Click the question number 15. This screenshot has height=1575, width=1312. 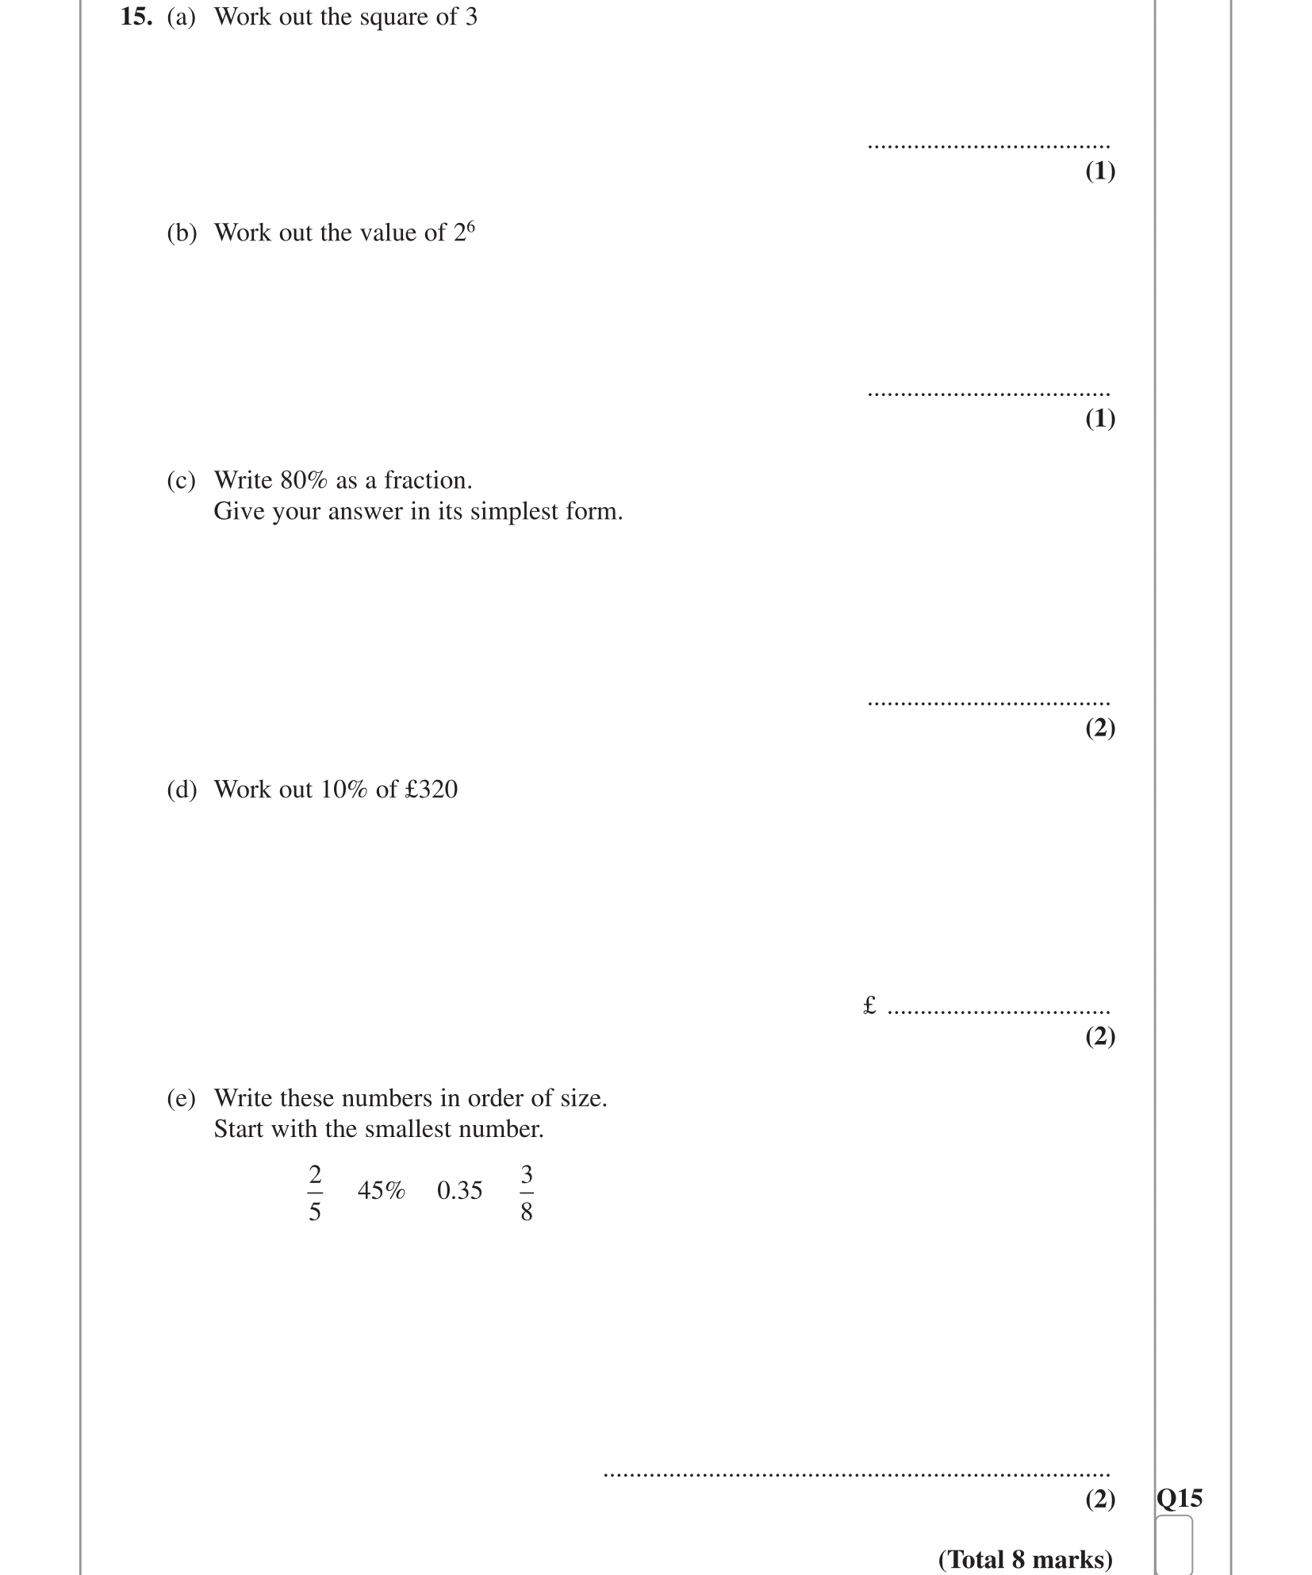click(136, 17)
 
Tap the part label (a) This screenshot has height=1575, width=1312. click(181, 17)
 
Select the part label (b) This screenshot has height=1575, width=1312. click(182, 233)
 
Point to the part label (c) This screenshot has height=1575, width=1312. click(181, 481)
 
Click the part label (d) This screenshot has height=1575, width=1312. click(182, 789)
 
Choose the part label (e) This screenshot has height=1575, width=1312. click(181, 1098)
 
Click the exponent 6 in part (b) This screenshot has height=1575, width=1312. click(470, 226)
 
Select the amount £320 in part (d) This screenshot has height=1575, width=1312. click(431, 789)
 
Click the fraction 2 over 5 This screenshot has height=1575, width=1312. click(315, 1193)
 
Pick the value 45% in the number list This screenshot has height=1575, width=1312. click(381, 1190)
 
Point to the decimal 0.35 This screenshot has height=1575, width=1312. click(459, 1190)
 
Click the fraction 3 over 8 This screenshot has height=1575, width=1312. click(527, 1193)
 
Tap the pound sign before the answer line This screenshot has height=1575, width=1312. click(869, 1006)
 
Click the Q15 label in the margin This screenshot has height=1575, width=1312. click(1180, 1498)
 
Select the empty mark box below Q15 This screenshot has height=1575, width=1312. click(1174, 1544)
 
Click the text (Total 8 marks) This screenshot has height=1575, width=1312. click(1025, 1559)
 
